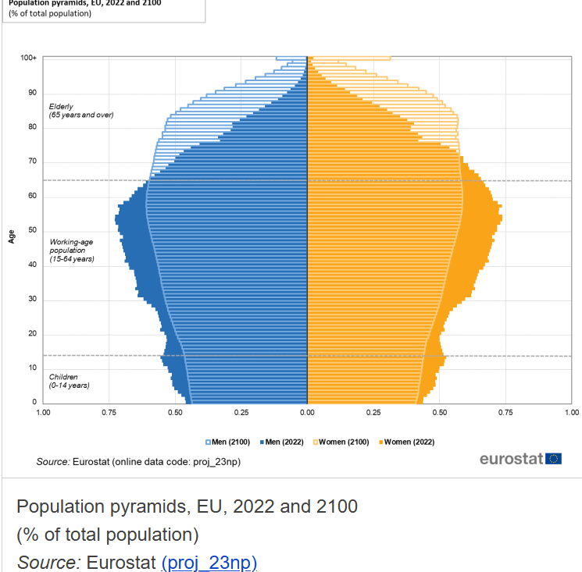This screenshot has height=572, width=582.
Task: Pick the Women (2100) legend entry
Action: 344,442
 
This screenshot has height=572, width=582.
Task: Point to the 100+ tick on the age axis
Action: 29,59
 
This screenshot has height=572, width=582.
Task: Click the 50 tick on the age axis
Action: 32,230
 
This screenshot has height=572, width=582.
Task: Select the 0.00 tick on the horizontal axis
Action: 308,412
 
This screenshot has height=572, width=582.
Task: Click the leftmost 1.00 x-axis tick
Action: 43,412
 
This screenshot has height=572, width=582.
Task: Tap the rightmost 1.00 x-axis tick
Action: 572,412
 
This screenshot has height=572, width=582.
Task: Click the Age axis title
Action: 12,236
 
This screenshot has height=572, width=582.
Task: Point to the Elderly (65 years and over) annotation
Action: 81,110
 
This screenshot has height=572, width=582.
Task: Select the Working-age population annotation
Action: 72,250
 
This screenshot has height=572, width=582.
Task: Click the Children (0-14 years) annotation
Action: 70,381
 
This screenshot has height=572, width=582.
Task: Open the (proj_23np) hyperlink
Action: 209,562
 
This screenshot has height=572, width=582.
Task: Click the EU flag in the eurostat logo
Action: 554,459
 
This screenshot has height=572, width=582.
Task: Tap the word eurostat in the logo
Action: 512,459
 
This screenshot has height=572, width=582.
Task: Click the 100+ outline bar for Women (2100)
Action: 352,58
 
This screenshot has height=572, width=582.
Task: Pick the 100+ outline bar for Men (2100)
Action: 291,58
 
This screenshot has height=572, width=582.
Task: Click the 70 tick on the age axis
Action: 32,162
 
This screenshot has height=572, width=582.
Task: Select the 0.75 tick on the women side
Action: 505,412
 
